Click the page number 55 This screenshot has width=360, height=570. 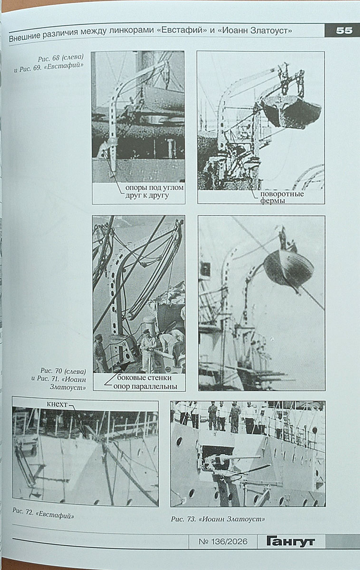click(x=344, y=31)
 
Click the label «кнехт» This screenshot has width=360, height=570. click(x=57, y=404)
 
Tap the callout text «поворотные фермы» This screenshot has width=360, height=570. click(x=282, y=197)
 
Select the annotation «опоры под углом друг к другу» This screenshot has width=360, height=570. click(x=154, y=191)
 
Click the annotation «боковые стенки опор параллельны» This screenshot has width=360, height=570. click(x=145, y=382)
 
